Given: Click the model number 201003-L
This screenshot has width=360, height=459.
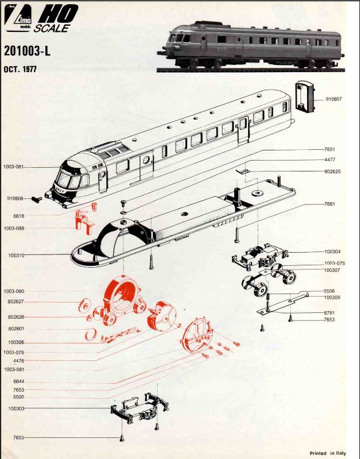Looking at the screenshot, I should [x=27, y=51].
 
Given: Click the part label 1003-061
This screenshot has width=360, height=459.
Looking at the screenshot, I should [x=13, y=166].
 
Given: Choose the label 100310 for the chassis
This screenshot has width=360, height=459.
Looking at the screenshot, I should [x=16, y=255].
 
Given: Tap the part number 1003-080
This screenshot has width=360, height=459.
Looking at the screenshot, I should [x=13, y=291].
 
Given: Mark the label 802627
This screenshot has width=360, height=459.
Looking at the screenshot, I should [x=16, y=302].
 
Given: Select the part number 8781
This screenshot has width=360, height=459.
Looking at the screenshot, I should [x=330, y=313].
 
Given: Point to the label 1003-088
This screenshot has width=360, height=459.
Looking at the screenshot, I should [x=13, y=229].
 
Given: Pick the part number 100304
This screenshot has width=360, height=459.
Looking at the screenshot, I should [x=332, y=251].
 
